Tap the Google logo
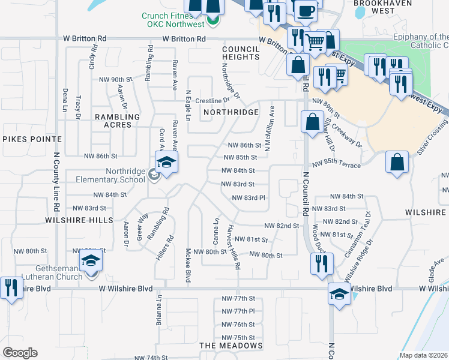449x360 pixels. click(20, 353)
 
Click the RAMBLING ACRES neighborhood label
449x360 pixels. click(118, 121)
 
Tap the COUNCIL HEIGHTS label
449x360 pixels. click(240, 53)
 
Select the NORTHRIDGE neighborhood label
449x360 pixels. click(231, 112)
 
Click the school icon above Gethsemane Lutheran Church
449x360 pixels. click(91, 262)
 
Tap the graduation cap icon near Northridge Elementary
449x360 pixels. click(167, 162)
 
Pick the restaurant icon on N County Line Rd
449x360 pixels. click(10, 289)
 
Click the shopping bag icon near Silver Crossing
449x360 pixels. click(397, 162)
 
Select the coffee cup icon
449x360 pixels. click(306, 11)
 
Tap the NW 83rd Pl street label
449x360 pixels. click(248, 197)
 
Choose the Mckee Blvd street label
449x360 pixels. click(188, 265)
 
